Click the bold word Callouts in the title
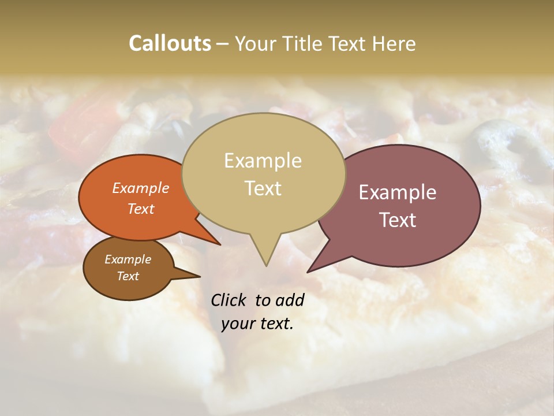[x=170, y=43]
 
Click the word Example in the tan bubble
[x=263, y=161]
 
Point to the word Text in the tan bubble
[x=263, y=188]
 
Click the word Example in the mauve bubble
[x=398, y=192]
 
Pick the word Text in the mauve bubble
[x=398, y=220]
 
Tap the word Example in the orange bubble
[x=140, y=188]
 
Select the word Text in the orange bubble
[x=140, y=209]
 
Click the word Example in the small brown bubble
[x=128, y=259]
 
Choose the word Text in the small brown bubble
[x=128, y=276]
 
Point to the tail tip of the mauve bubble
[x=308, y=272]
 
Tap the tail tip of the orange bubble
[x=220, y=244]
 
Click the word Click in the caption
[x=229, y=300]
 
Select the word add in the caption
[x=290, y=300]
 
